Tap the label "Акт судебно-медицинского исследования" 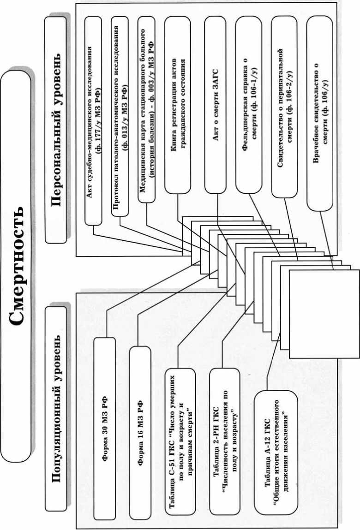(93, 124)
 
